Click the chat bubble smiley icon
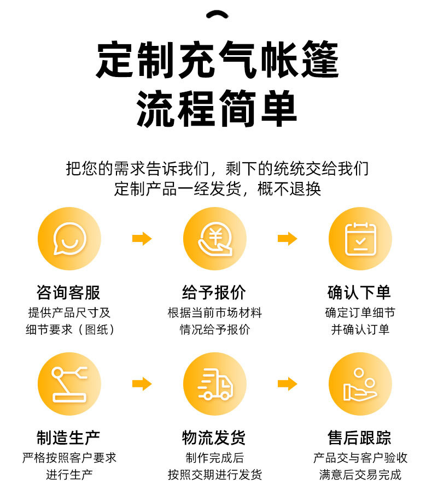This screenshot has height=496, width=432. [x=69, y=239]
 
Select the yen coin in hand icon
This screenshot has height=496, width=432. [x=215, y=239]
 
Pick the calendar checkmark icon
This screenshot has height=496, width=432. [x=360, y=239]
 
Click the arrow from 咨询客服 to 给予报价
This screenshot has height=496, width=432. [x=142, y=239]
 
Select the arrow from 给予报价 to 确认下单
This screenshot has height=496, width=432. [x=287, y=239]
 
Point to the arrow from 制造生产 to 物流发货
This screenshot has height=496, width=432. [x=142, y=384]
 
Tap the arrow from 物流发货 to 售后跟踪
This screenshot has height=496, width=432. [x=287, y=384]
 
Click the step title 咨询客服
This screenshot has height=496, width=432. [x=69, y=292]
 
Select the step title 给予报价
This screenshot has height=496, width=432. [x=214, y=292]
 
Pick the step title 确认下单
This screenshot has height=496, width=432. [x=360, y=292]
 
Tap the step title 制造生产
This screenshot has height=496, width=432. [x=69, y=438]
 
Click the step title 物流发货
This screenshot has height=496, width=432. [x=214, y=438]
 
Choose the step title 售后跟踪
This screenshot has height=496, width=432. [x=360, y=438]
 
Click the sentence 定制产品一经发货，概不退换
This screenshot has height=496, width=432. [x=217, y=188]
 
